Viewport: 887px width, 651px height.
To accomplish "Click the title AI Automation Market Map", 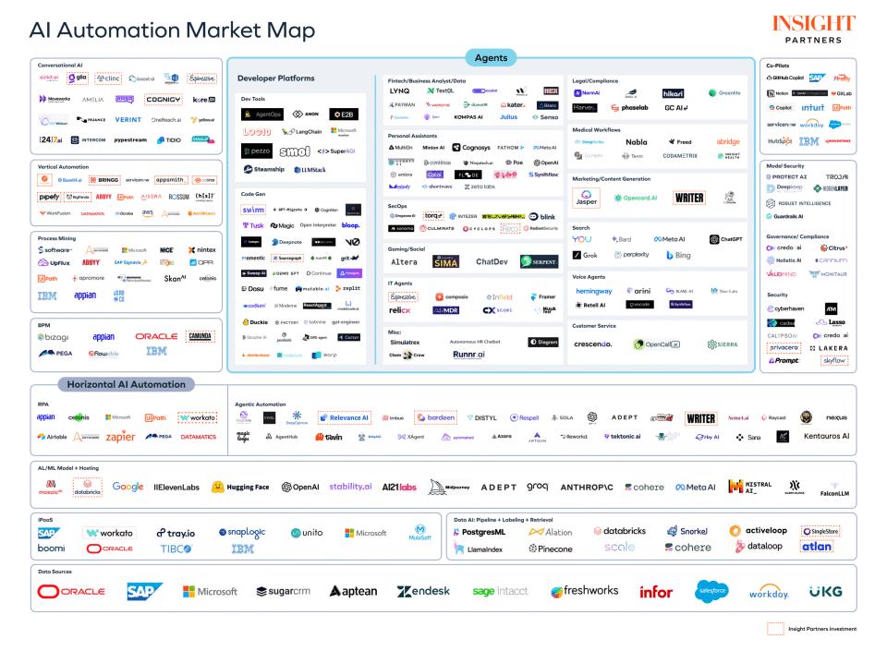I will click(x=172, y=30).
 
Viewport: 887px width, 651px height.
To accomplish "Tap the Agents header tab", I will click(x=490, y=57).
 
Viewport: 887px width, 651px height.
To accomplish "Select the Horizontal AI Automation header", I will click(x=124, y=383).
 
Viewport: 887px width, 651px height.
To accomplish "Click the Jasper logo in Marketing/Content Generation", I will click(x=586, y=199).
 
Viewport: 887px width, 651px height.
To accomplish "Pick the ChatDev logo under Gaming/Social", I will click(x=492, y=262).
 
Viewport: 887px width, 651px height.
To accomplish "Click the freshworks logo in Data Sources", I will click(x=585, y=591).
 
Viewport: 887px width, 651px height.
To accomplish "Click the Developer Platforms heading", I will click(x=276, y=78).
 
